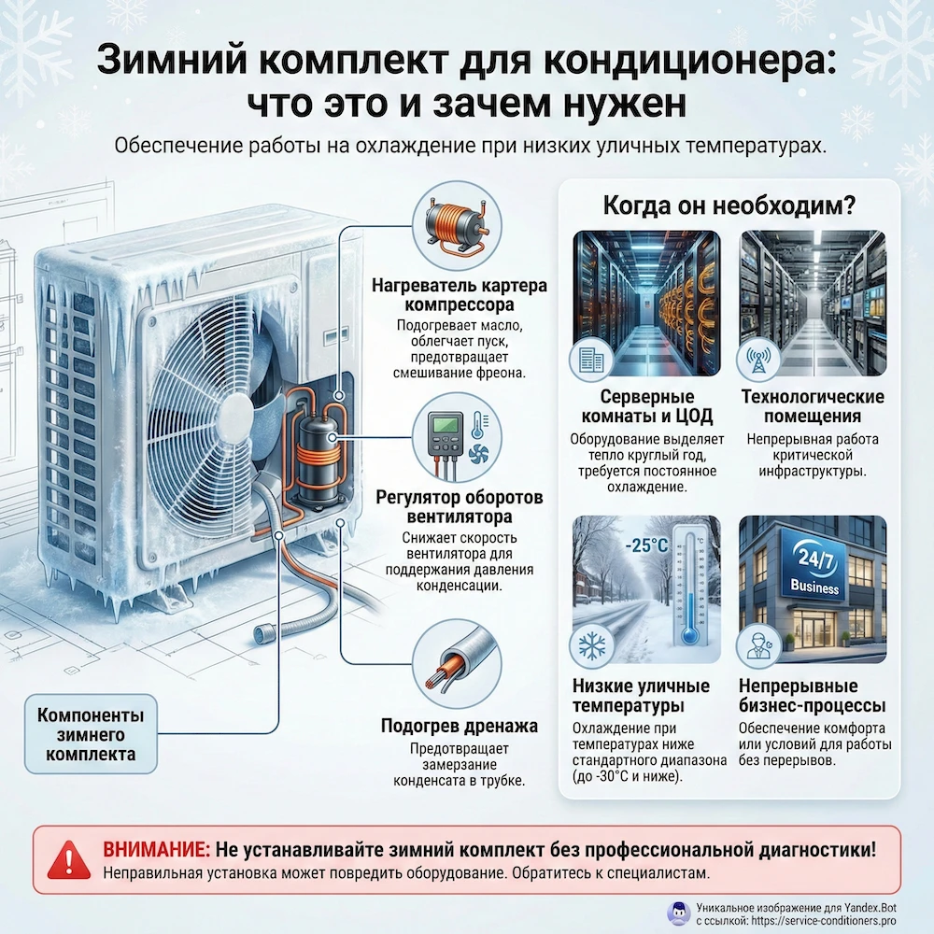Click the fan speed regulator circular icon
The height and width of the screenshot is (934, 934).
click(x=457, y=436)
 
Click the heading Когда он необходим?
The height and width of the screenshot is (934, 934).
click(x=729, y=203)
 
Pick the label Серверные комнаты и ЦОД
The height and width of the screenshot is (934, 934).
click(x=645, y=407)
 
